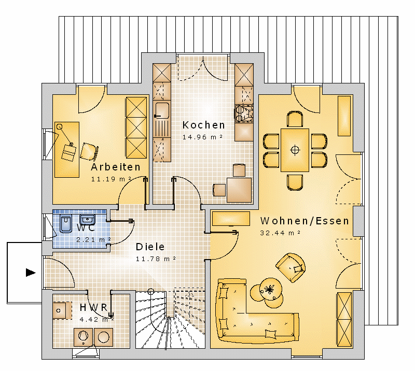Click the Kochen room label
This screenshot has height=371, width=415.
(x=203, y=125)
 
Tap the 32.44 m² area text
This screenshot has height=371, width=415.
(x=280, y=233)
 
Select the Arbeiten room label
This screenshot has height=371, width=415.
(x=116, y=167)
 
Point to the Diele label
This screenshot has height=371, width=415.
(x=150, y=247)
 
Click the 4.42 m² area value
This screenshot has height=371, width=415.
(x=96, y=319)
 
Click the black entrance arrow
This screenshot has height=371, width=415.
(x=31, y=273)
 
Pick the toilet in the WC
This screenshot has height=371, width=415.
(x=66, y=224)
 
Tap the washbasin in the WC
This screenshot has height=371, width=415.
(x=87, y=220)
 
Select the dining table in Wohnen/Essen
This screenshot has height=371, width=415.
(x=295, y=150)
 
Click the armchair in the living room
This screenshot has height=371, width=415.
(x=291, y=267)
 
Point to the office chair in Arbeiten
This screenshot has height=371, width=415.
(x=89, y=151)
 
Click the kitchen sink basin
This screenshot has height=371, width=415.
(x=162, y=110)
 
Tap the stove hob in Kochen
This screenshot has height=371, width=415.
(x=244, y=113)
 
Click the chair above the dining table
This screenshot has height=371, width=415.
(x=295, y=119)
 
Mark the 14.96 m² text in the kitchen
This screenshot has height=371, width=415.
(x=202, y=137)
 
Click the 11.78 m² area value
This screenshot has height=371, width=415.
(x=156, y=259)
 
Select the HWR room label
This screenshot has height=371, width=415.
(x=94, y=308)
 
